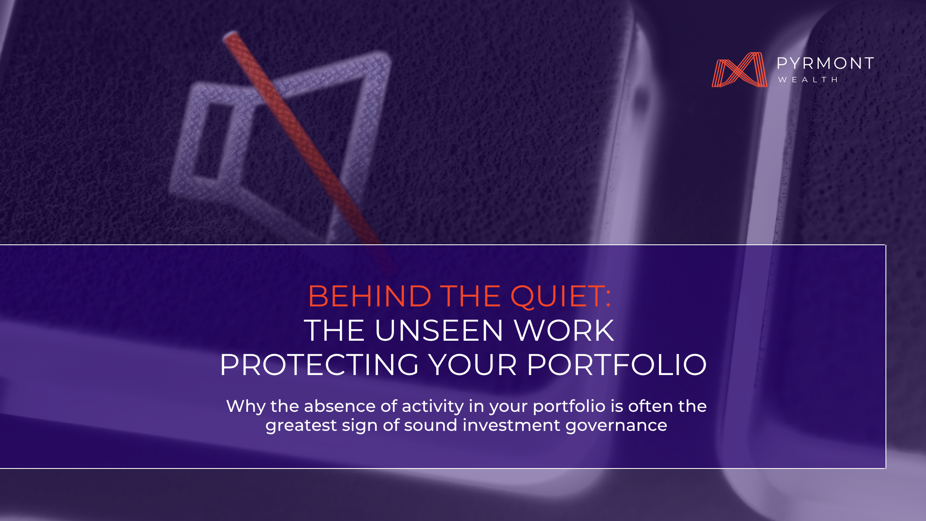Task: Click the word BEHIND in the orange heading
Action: (370, 296)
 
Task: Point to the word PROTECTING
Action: (319, 365)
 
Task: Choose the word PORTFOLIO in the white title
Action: (617, 365)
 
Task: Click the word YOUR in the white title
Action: (473, 365)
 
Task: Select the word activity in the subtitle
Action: (432, 407)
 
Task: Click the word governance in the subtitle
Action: (616, 426)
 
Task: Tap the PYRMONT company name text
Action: (826, 63)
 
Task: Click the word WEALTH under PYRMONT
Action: (808, 79)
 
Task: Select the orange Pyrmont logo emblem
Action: (739, 69)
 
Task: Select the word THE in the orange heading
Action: (470, 296)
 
